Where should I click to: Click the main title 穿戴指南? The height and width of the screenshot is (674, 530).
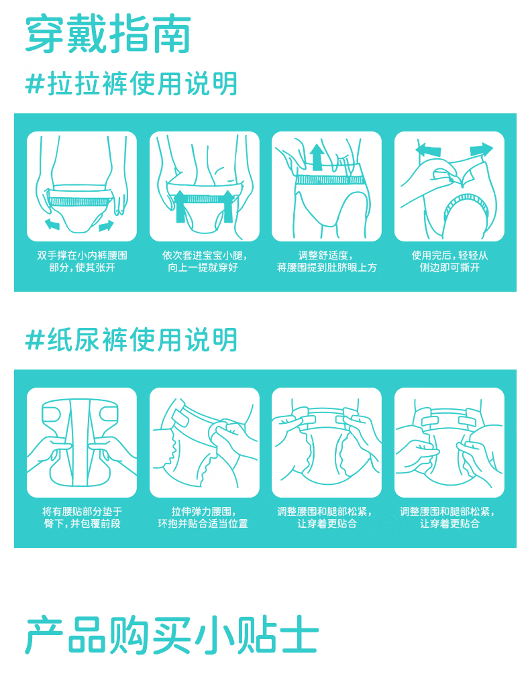tap(108, 34)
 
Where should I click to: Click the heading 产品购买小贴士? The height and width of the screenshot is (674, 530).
tap(172, 635)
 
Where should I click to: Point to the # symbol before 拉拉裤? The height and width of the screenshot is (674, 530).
tap(35, 84)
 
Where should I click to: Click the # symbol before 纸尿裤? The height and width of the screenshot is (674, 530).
tap(35, 340)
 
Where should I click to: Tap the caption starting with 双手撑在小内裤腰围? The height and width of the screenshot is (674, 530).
tap(82, 262)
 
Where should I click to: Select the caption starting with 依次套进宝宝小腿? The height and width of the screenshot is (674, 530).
tap(204, 262)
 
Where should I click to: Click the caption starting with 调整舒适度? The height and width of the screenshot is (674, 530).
tap(327, 262)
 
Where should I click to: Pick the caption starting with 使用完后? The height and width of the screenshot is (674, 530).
tap(449, 262)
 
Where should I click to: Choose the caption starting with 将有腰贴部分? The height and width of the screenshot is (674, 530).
tap(82, 518)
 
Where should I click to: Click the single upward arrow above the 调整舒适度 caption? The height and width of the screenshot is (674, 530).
tap(317, 157)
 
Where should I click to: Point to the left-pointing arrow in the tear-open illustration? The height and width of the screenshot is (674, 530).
tap(428, 150)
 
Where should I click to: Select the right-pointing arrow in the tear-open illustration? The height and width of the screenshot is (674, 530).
tap(481, 150)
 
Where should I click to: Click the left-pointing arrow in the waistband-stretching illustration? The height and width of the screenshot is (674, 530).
tap(52, 224)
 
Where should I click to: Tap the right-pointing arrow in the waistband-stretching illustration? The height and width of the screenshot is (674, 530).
tap(106, 225)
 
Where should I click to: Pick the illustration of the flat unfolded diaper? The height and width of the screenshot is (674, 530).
tap(82, 443)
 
